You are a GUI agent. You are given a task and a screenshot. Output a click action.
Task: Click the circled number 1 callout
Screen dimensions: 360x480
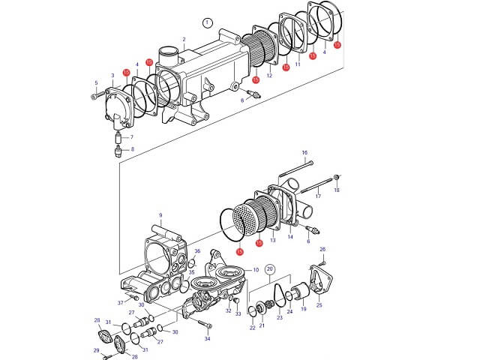208,22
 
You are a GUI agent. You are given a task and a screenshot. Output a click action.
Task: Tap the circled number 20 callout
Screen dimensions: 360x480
271,268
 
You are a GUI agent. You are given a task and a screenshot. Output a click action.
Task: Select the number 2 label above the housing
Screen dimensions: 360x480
184,39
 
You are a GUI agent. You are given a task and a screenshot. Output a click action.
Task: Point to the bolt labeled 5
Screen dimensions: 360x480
95,95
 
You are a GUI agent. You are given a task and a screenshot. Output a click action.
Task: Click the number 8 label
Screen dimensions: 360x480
133,150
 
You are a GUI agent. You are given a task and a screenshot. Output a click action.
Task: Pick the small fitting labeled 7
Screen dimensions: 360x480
117,138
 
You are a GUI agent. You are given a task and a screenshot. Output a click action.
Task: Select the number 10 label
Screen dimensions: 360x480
256,269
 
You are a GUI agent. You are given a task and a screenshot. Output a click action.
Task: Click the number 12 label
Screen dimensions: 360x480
268,76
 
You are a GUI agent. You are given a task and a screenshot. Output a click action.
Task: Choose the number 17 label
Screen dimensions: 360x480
318,196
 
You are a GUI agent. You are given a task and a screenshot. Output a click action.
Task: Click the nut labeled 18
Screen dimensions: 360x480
336,177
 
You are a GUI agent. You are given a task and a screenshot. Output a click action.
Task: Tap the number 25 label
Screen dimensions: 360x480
319,306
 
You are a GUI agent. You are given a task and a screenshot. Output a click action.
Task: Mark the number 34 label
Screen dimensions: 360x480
208,339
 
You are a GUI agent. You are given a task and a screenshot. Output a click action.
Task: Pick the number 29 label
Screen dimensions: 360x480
95,350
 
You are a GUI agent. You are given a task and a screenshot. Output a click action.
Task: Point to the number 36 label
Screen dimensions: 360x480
197,251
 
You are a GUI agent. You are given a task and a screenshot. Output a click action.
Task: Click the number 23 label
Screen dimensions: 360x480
280,317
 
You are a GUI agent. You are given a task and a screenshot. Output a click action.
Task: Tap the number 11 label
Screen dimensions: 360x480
298,64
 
